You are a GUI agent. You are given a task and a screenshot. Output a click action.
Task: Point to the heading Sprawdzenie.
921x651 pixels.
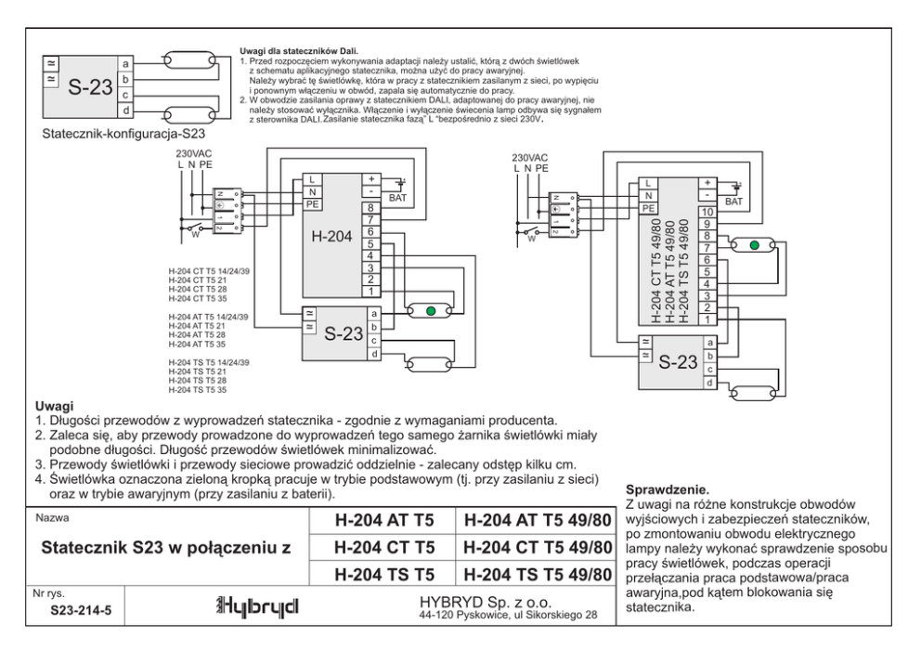(x=668, y=488)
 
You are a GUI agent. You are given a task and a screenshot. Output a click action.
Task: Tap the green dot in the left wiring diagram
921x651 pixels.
(x=430, y=311)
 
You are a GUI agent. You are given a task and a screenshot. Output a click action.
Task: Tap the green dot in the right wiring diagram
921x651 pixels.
(x=754, y=246)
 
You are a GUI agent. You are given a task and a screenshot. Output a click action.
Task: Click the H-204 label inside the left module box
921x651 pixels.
(x=329, y=237)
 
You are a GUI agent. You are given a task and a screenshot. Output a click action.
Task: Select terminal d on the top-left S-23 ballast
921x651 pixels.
(x=125, y=111)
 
